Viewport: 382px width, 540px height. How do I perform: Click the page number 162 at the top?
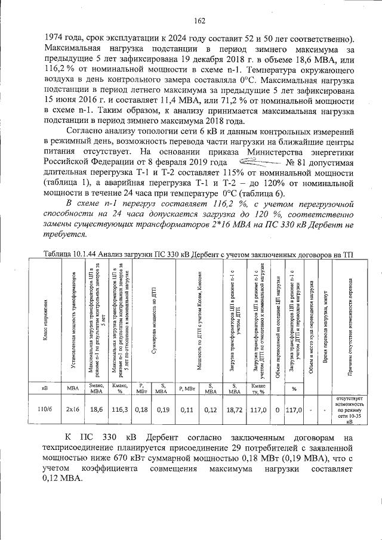click(199, 22)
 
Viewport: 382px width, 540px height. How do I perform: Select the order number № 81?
click(297, 162)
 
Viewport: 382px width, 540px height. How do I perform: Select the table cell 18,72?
click(233, 410)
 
